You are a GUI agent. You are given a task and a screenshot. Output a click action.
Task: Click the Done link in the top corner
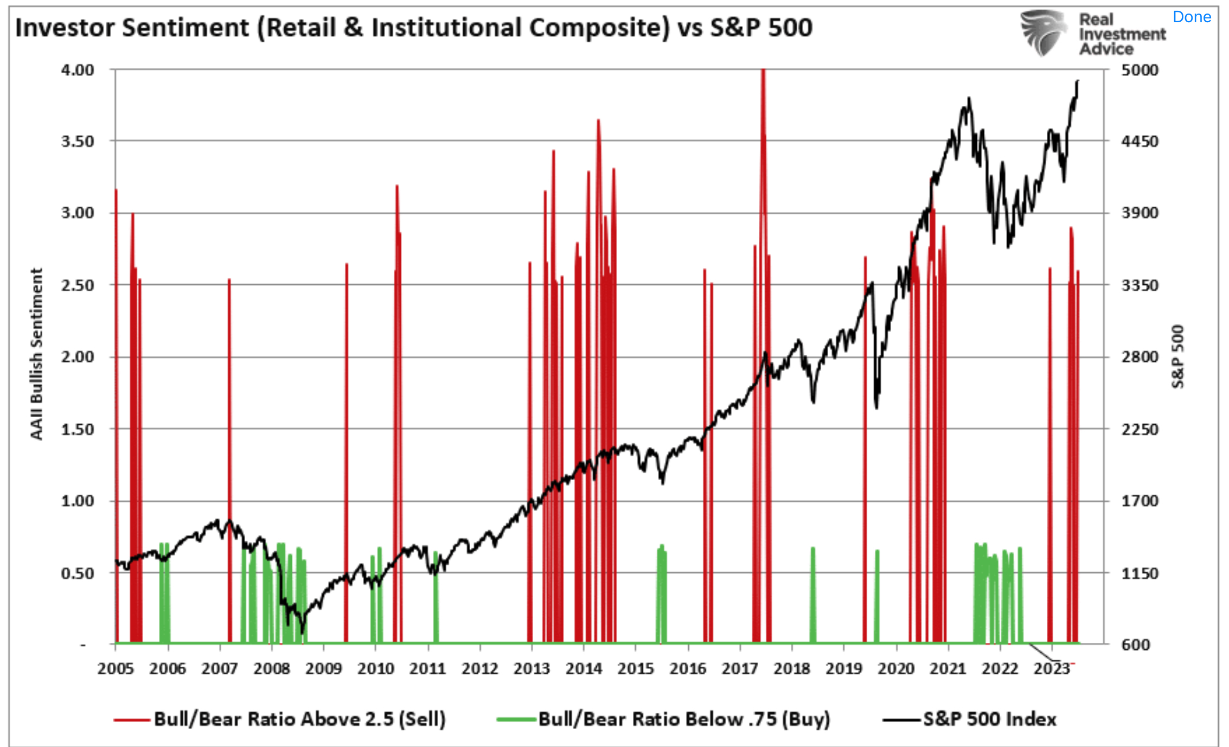coord(1191,17)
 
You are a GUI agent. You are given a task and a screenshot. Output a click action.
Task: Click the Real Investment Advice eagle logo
coord(1042,33)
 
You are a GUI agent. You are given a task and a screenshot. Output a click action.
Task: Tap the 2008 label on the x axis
coord(271,668)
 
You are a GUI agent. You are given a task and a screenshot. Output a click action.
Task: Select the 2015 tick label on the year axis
coord(636,668)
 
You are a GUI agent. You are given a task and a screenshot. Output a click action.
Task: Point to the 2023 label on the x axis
coord(1051,668)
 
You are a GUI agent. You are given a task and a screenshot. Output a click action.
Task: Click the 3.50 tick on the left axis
coord(78,141)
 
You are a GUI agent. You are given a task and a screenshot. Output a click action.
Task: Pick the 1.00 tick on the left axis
coord(78,501)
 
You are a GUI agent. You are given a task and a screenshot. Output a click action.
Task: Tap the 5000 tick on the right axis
coord(1140,70)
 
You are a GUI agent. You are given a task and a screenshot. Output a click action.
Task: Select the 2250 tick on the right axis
coord(1140,429)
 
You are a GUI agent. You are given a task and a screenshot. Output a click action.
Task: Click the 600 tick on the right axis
coord(1136,644)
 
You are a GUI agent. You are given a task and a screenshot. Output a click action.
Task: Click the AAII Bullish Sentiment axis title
coord(36,354)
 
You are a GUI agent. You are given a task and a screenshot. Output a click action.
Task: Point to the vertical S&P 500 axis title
coord(1177,356)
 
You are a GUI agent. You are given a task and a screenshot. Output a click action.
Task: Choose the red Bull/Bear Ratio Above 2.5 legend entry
coord(279,719)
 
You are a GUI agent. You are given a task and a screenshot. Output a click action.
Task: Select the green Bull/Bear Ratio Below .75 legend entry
coord(663,719)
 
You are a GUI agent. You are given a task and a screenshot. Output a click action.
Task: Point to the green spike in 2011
coord(436,597)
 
